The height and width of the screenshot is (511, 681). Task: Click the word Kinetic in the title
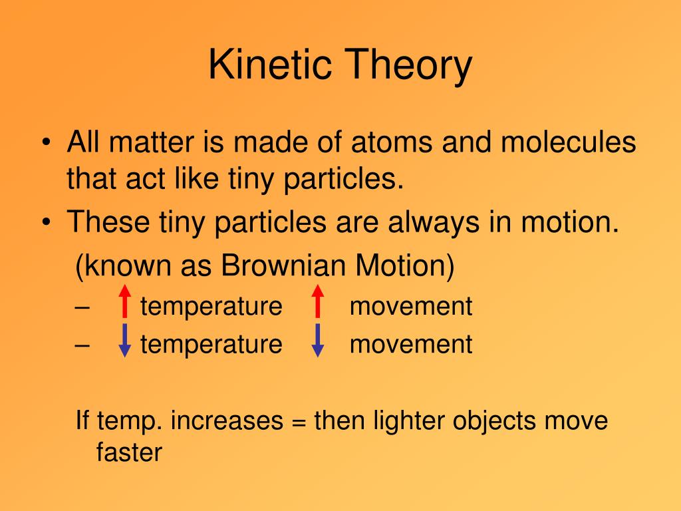[x=270, y=65]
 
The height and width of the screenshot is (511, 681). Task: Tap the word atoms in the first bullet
[x=392, y=142]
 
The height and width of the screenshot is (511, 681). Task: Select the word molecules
[x=569, y=142]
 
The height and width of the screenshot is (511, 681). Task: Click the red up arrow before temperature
[x=124, y=301]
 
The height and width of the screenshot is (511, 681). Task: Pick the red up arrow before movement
[x=318, y=301]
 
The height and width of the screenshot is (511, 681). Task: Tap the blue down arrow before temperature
[x=124, y=340]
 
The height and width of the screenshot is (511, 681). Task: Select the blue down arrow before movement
[x=318, y=340]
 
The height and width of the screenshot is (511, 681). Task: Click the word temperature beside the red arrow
[x=211, y=307]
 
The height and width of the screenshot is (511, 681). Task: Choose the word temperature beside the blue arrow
[x=211, y=345]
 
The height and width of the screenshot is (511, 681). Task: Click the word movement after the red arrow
[x=411, y=306]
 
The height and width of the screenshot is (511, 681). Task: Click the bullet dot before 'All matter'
[x=47, y=142]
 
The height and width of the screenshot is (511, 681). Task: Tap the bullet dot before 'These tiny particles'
[x=47, y=222]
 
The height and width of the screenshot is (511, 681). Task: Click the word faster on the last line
[x=129, y=452]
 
